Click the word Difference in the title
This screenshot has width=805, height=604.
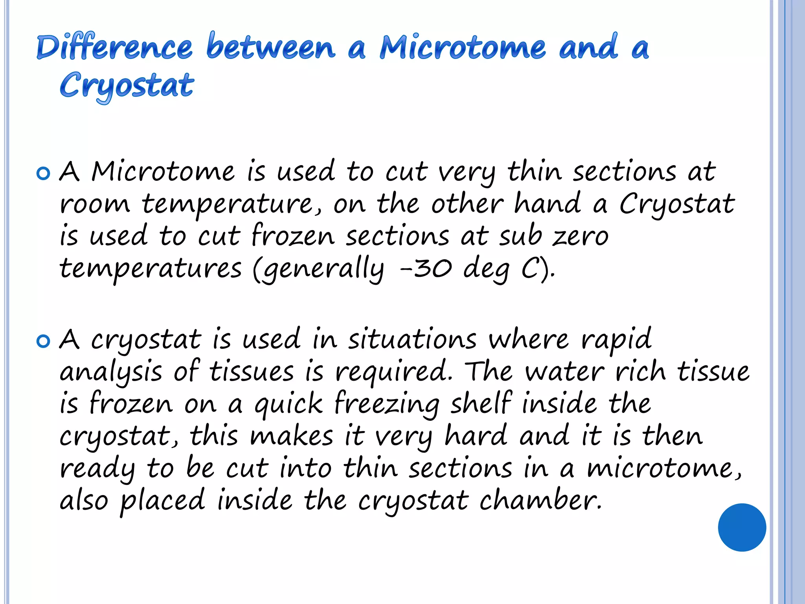tap(114, 47)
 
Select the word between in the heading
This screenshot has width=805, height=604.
tap(271, 47)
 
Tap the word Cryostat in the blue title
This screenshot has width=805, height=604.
tap(127, 86)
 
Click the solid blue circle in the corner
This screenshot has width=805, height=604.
tap(742, 527)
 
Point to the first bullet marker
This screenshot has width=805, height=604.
tap(43, 173)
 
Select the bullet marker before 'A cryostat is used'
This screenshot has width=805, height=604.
tap(43, 341)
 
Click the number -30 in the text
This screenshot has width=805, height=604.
tap(425, 269)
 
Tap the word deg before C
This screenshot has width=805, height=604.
tap(486, 270)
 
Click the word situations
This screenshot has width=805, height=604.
tap(412, 339)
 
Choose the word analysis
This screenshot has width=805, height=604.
tap(110, 372)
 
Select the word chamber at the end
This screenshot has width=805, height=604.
tap(540, 500)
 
